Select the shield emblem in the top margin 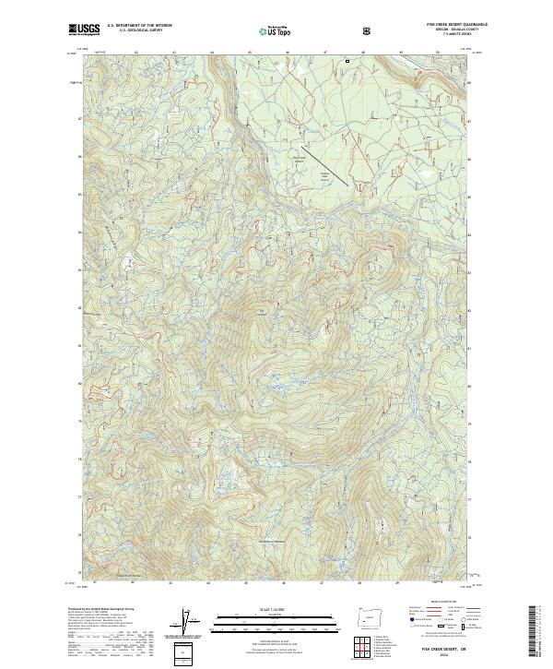pos(368,30)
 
